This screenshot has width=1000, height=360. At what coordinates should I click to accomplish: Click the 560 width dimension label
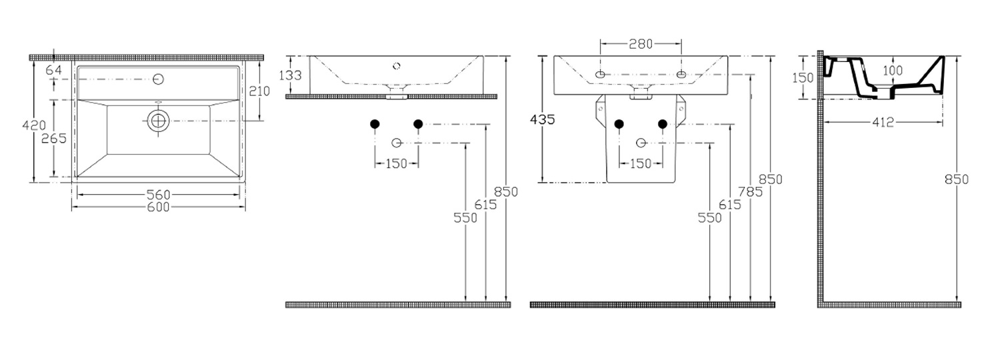pyautogui.click(x=159, y=195)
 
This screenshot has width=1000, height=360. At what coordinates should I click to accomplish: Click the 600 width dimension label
pyautogui.click(x=159, y=207)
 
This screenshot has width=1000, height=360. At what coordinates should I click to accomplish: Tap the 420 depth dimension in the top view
pyautogui.click(x=34, y=125)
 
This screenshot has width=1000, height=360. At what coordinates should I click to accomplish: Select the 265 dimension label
pyautogui.click(x=54, y=139)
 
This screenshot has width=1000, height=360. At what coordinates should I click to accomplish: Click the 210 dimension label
pyautogui.click(x=259, y=91)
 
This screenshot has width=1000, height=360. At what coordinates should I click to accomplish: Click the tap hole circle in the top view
pyautogui.click(x=158, y=79)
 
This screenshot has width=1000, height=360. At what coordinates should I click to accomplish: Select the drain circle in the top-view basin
pyautogui.click(x=157, y=121)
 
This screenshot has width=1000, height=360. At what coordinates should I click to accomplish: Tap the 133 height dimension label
pyautogui.click(x=291, y=75)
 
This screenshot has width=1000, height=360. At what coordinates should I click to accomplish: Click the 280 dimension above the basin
pyautogui.click(x=641, y=44)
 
